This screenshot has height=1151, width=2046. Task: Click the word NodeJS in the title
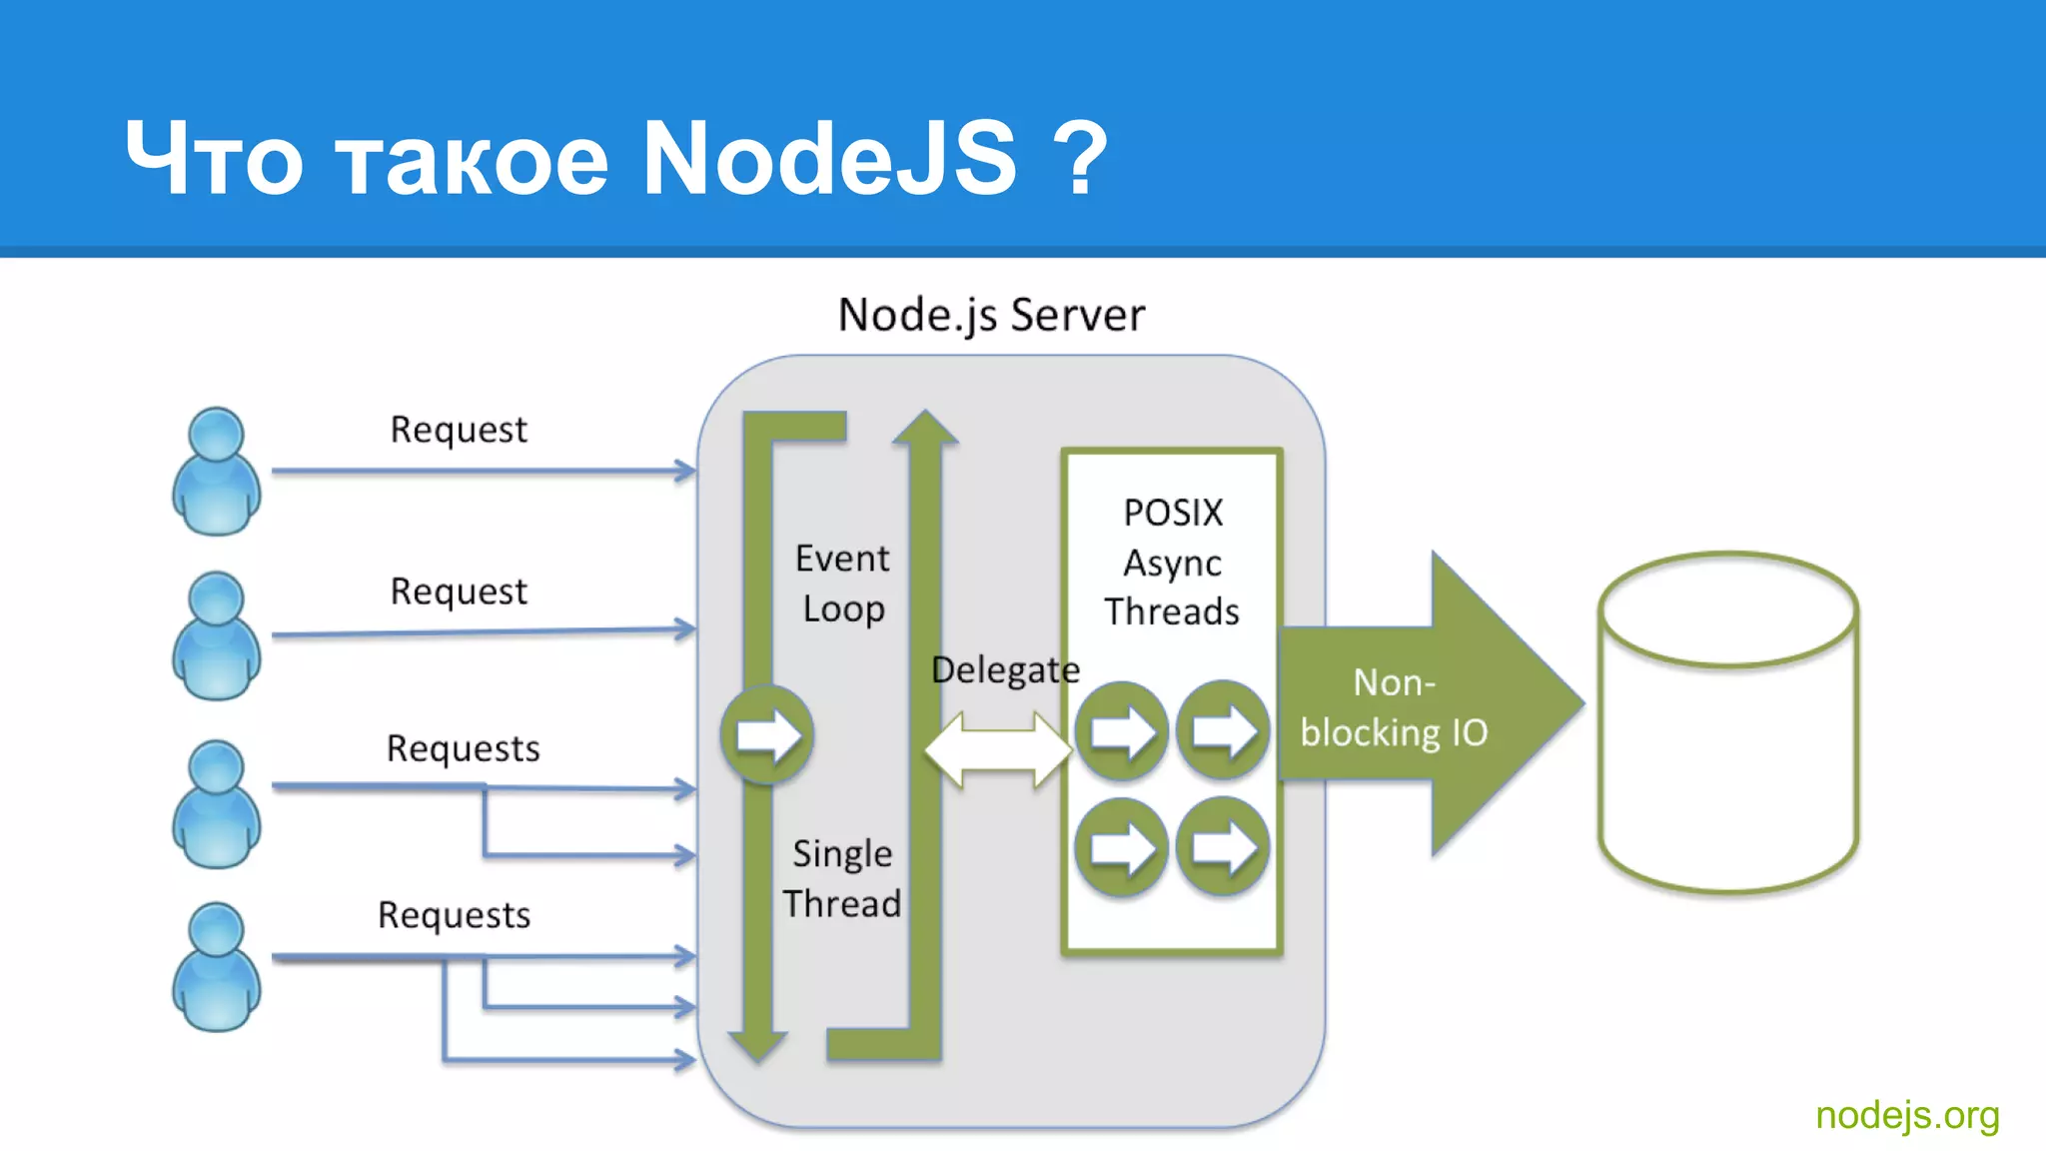coord(828,158)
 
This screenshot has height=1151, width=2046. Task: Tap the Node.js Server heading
coord(990,316)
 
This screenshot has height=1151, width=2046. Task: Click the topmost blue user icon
coord(216,472)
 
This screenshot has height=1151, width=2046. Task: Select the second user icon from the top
coord(216,636)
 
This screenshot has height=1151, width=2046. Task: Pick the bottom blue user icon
coord(216,967)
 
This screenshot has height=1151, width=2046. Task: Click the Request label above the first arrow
coord(458,430)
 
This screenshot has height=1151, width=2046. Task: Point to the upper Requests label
coord(463,748)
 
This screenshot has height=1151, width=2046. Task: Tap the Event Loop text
coord(842,583)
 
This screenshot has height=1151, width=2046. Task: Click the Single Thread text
coord(842,878)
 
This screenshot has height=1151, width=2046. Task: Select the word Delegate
coord(1005,669)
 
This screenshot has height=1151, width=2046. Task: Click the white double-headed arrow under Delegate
coord(998,749)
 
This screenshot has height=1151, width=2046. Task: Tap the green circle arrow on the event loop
coord(767,735)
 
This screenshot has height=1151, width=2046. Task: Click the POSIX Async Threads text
coord(1172,563)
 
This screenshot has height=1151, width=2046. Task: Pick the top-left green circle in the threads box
coord(1121,731)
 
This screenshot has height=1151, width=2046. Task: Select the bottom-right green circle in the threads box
coord(1223,848)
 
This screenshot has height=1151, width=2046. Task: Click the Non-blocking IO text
coord(1394,707)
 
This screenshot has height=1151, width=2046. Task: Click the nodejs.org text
coord(1906,1115)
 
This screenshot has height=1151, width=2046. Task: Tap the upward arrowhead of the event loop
coord(925,427)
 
